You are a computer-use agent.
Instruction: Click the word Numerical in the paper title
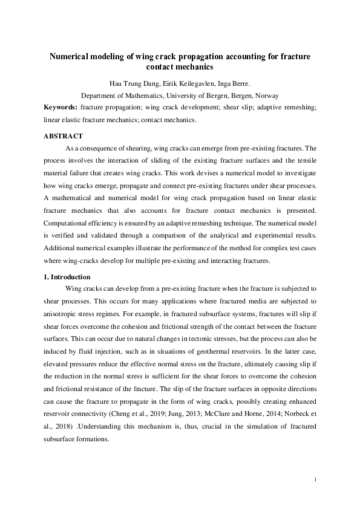pos(71,57)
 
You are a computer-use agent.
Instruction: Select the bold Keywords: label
pos(60,106)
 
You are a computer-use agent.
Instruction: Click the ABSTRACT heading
pos(63,136)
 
